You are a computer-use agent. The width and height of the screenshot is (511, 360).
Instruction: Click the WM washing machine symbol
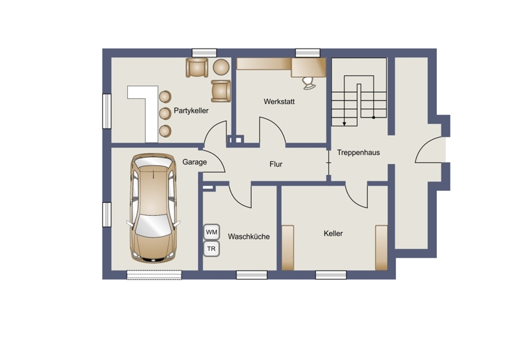211,232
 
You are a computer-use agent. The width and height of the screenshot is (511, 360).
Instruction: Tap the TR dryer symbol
211,249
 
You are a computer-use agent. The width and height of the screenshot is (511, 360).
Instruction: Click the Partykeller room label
191,111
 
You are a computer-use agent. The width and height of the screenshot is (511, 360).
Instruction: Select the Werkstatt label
279,101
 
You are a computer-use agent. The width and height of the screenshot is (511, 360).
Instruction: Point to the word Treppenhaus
358,153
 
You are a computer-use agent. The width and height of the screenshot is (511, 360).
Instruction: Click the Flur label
276,164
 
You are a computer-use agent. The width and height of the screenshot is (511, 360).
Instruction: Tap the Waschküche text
248,237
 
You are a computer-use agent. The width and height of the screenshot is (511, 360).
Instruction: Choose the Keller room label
333,234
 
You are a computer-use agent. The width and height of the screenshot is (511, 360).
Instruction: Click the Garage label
195,162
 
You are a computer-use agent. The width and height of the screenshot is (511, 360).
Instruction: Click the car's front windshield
153,225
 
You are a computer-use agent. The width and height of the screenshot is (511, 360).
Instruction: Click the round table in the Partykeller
221,67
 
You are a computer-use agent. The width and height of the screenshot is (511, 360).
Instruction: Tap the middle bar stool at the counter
165,114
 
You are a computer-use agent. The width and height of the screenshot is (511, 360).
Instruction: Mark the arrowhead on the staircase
344,123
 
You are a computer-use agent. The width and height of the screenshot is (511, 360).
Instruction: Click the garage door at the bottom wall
154,274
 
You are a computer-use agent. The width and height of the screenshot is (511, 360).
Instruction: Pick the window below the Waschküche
252,275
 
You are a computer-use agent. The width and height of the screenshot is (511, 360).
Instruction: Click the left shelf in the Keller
288,248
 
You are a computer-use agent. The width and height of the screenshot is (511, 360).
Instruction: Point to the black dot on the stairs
374,117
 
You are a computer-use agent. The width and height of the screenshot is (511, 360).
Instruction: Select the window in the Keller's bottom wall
331,275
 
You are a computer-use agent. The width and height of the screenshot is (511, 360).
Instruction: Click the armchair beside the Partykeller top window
197,68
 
